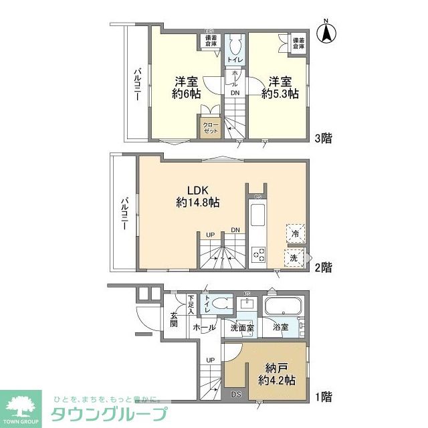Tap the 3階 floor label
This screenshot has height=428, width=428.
(323, 140)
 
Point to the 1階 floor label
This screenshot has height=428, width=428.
(323, 396)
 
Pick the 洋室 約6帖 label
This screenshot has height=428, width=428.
(187, 88)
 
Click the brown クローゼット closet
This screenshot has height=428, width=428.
(210, 126)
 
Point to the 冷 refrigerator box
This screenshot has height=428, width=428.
(295, 233)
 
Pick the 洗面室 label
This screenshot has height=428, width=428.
(243, 328)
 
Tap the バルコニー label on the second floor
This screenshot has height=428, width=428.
(125, 213)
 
